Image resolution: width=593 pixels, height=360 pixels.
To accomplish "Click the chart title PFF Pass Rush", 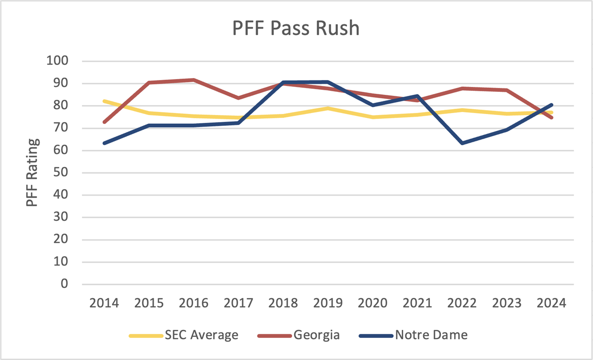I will coord(296,29).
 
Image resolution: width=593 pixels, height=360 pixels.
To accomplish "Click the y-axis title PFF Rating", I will coord(32,172).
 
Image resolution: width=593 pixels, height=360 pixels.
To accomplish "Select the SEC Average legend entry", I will coord(184,335).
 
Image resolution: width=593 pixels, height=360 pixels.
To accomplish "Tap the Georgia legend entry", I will coord(298,335).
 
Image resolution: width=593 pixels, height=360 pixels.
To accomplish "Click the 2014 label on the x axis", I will coord(104,303).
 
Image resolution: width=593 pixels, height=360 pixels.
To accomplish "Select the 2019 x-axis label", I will coord(328,303).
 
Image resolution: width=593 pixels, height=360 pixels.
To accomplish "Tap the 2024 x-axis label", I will coord(551,303).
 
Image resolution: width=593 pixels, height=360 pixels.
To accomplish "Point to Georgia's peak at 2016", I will coord(194,80).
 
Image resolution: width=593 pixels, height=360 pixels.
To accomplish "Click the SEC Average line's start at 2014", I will coord(104,101).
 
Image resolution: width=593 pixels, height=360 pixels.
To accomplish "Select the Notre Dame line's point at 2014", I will coord(104,143).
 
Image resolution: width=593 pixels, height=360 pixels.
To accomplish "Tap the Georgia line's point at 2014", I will coord(104,122).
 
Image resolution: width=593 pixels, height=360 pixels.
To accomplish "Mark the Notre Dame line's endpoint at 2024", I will coord(551,105).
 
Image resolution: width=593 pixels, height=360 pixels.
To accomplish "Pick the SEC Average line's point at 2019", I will coord(328,108).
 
